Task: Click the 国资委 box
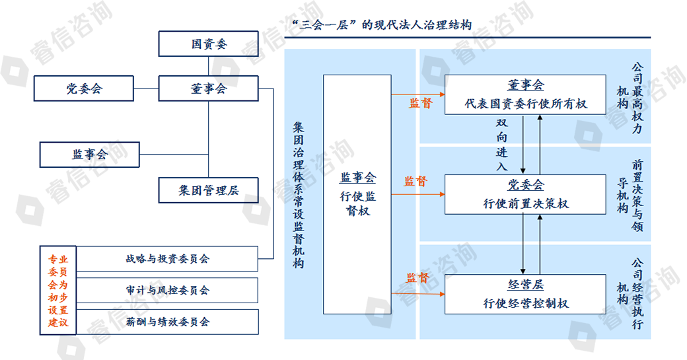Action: pos(208,44)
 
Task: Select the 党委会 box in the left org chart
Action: pos(85,88)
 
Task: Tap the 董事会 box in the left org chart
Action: pos(208,88)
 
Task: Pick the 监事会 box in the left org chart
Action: pos(90,155)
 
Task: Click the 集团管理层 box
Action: pos(208,190)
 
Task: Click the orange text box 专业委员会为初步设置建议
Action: pos(58,290)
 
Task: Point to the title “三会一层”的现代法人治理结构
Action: pos(381,25)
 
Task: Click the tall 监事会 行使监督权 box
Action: pos(357,194)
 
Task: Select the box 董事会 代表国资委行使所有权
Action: pos(525,94)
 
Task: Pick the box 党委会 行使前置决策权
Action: pos(525,194)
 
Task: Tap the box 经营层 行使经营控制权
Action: pos(525,294)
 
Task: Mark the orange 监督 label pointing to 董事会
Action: pos(420,103)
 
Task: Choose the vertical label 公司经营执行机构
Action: pos(630,293)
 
